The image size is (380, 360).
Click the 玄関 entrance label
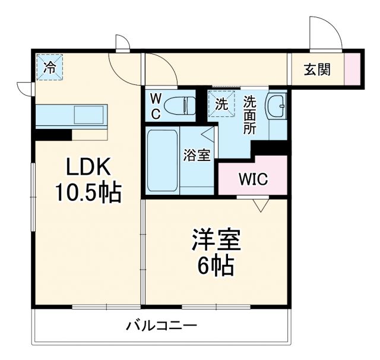pyautogui.click(x=318, y=69)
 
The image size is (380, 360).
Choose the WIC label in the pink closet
pyautogui.click(x=253, y=178)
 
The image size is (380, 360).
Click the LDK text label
pyautogui.click(x=88, y=168)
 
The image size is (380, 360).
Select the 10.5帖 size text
pyautogui.click(x=88, y=192)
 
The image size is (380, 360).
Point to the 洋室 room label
pyautogui.click(x=216, y=240)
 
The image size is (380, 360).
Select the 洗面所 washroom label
pyautogui.click(x=249, y=115)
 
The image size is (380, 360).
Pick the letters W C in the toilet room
pyautogui.click(x=155, y=106)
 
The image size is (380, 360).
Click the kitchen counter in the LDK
pyautogui.click(x=72, y=114)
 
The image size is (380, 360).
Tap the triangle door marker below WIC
pyautogui.click(x=259, y=206)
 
